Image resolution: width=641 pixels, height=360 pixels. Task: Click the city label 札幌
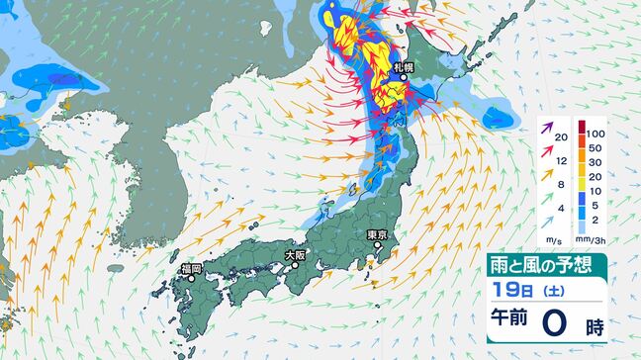coord(403,67)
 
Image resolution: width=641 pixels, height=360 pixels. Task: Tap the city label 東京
coord(376,235)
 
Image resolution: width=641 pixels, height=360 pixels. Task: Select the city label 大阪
coord(295,254)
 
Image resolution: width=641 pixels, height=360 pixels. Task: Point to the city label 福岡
coord(191,268)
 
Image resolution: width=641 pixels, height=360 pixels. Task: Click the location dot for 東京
coord(376,247)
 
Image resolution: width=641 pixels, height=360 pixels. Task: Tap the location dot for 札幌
coord(404,79)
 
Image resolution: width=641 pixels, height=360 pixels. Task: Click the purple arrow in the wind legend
coord(545,126)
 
